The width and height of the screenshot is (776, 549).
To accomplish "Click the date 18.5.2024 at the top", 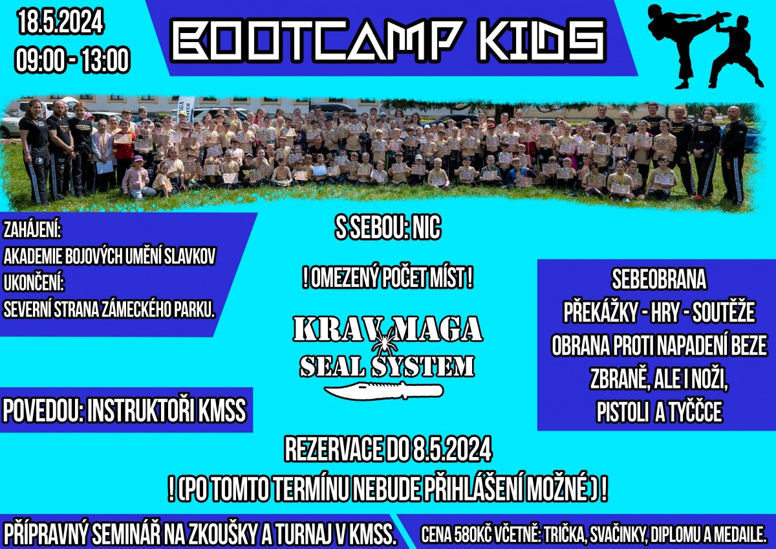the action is pyautogui.click(x=61, y=21).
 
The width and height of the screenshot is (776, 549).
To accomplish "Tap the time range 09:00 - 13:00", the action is pyautogui.click(x=72, y=60).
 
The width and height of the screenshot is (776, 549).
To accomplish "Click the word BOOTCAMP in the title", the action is pyautogui.click(x=317, y=40).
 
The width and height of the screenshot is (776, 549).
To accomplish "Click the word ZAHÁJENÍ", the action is pyautogui.click(x=32, y=229).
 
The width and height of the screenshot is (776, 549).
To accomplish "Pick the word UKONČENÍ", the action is pyautogui.click(x=34, y=282).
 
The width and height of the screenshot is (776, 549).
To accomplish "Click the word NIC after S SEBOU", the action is pyautogui.click(x=426, y=228).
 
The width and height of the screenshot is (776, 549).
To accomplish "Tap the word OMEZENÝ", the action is pyautogui.click(x=343, y=278).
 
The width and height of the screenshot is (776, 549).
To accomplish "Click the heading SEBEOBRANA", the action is pyautogui.click(x=658, y=279).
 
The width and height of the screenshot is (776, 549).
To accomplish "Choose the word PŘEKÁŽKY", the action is pyautogui.click(x=600, y=312).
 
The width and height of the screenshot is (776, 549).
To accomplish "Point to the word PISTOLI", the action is pyautogui.click(x=623, y=412).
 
